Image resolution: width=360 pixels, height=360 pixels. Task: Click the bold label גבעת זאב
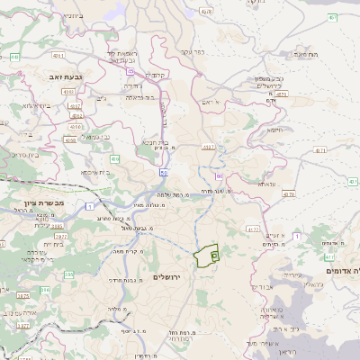pos(67,78)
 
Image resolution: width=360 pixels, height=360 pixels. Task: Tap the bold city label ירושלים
pos(167,276)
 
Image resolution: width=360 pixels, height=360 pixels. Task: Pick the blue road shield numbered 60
pos(219,177)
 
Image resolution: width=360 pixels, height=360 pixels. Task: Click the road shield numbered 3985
pos(22,294)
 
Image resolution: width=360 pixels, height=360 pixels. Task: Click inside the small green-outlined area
pos(207,256)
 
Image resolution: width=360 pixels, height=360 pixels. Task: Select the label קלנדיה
pos(157,74)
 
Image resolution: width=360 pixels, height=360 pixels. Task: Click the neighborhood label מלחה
pos(115,309)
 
